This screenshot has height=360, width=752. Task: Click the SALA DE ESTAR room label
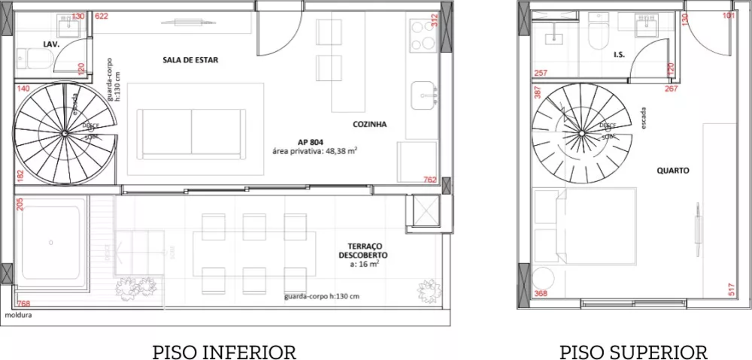[190, 60]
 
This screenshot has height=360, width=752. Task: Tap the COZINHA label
[369, 125]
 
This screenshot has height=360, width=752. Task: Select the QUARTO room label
[673, 171]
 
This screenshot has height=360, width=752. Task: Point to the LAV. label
[51, 45]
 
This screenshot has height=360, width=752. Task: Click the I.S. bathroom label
[620, 55]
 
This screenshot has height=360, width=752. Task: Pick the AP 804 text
[311, 141]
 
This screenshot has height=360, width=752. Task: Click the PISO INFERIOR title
[224, 352]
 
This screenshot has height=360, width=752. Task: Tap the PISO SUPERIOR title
[633, 352]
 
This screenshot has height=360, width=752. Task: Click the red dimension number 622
[102, 16]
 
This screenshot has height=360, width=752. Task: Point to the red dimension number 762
[429, 180]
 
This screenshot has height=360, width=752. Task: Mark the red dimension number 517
[731, 287]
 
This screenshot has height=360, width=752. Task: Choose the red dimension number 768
[23, 304]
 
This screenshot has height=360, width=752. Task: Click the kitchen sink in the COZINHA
[426, 96]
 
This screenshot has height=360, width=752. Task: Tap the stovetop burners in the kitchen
[419, 32]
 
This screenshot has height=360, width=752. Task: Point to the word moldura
[18, 316]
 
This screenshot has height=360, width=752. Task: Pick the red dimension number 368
[540, 294]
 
